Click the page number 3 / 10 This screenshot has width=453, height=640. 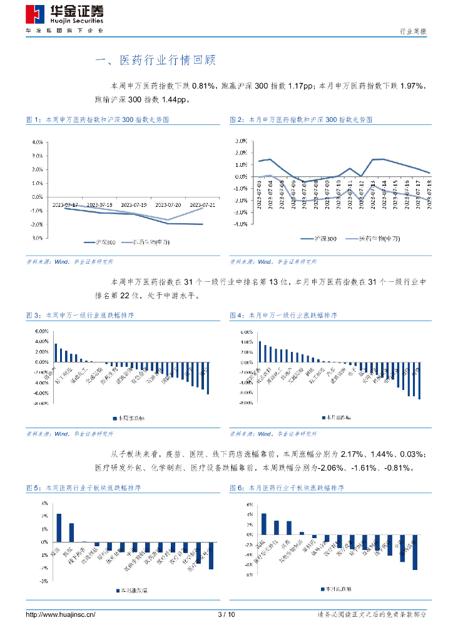point(226,615)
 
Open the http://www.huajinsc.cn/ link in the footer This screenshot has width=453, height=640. point(60,615)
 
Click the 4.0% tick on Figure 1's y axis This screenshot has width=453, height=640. point(37,142)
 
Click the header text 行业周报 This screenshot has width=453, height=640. point(413,31)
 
